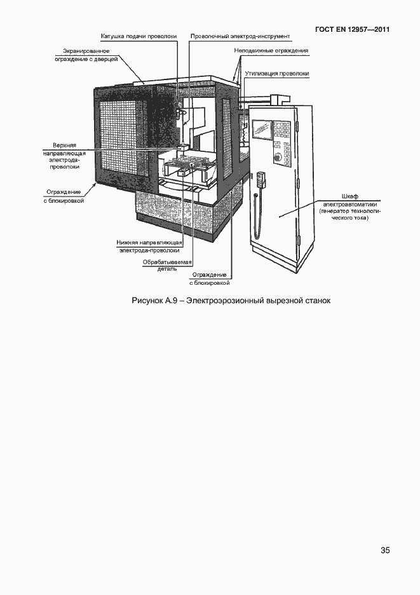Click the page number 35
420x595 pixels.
(385, 551)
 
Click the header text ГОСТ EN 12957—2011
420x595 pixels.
(353, 30)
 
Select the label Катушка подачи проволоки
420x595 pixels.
(139, 37)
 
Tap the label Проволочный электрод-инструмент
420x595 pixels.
(240, 37)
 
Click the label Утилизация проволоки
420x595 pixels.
(277, 74)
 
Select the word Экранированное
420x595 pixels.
(86, 50)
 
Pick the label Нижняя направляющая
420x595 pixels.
(150, 242)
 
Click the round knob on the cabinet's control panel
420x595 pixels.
(277, 157)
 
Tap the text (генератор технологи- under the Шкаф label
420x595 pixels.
(350, 211)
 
